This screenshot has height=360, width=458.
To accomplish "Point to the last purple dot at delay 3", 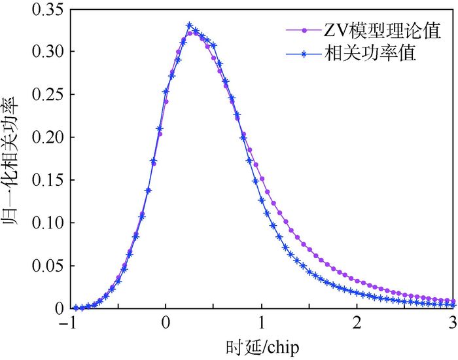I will click(453, 301).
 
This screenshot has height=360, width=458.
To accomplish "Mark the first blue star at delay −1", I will click(74, 308).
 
